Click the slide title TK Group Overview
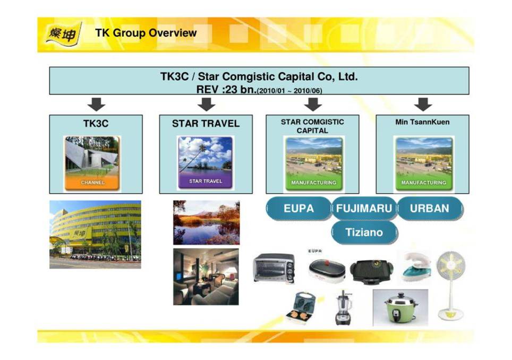click(x=146, y=33)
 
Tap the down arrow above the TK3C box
click(x=96, y=104)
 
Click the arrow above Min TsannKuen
click(x=423, y=104)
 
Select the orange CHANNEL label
click(x=92, y=183)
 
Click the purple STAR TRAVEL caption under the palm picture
click(x=206, y=181)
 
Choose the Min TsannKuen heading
click(x=422, y=122)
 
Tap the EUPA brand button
click(x=298, y=209)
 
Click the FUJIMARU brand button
click(x=364, y=209)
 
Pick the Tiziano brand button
click(x=364, y=232)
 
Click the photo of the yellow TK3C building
click(x=95, y=234)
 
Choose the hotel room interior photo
click(x=206, y=277)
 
